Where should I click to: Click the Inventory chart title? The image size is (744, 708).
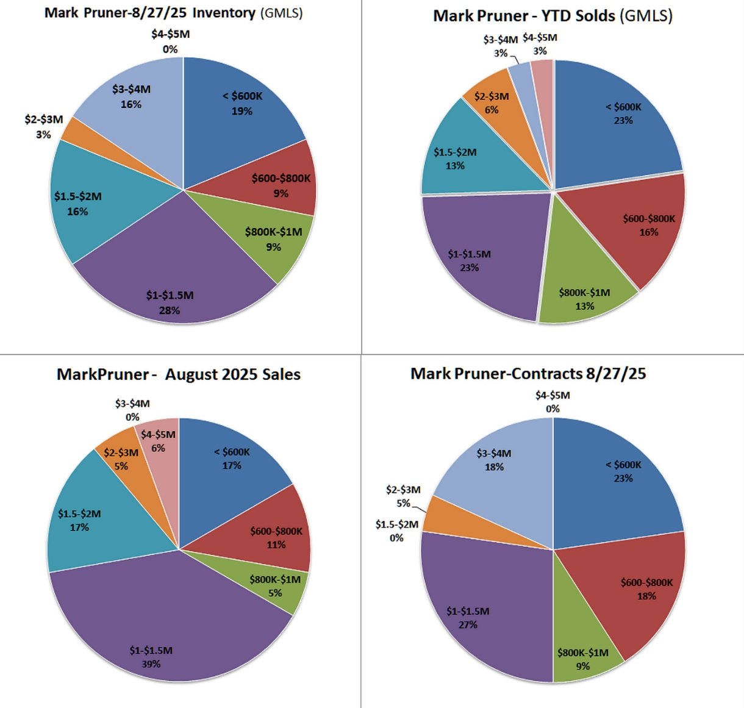coord(173,13)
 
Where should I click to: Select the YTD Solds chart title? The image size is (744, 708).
coord(553,16)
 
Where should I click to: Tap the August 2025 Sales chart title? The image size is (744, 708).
coord(178,374)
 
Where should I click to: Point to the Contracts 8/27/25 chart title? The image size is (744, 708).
coord(528,373)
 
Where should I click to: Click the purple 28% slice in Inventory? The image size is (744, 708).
coord(171,274)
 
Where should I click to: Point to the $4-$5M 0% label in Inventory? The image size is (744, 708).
coord(170,41)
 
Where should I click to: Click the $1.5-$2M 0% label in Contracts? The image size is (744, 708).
coord(397,531)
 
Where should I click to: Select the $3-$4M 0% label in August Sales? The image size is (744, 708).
coord(132,410)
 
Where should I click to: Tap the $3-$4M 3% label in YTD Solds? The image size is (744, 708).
coord(501,46)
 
